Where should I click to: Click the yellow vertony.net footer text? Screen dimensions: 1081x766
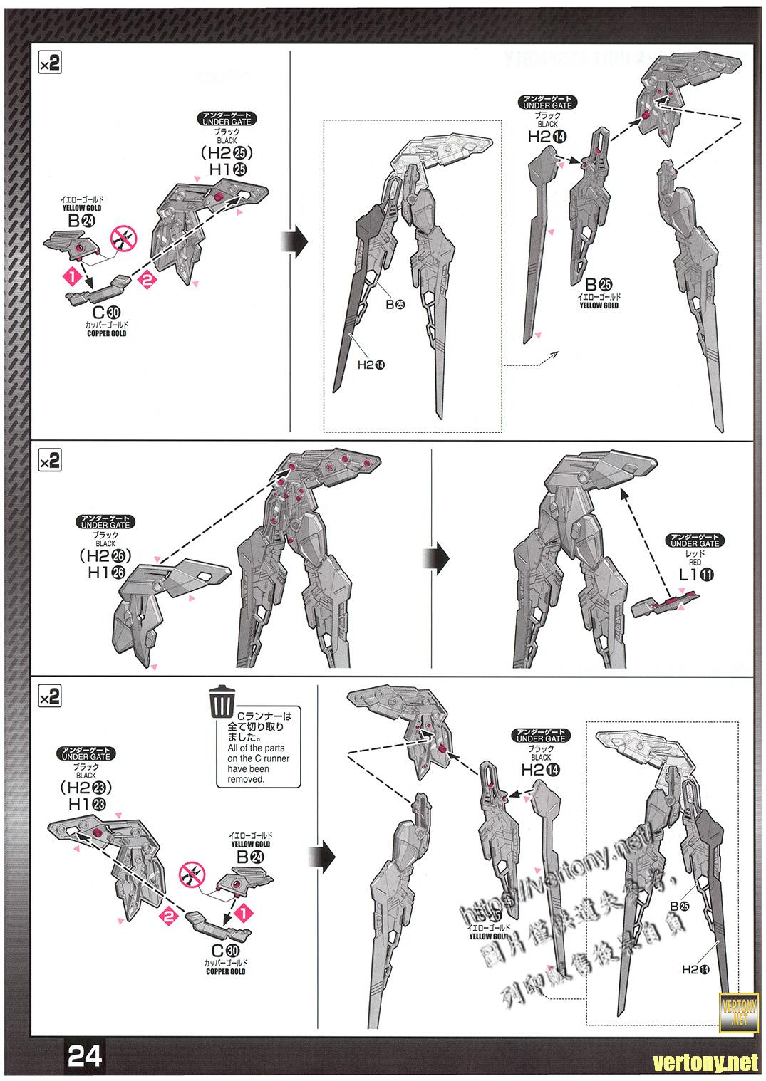[706, 1063]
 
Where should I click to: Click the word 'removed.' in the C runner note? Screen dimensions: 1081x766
[246, 779]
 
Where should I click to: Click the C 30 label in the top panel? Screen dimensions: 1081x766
[106, 311]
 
